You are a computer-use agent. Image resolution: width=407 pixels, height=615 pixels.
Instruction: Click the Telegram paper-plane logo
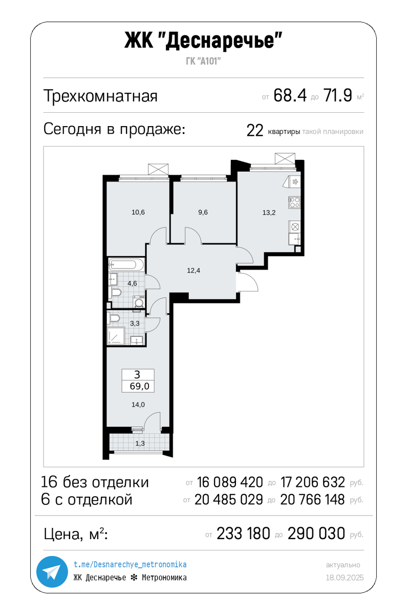click(x=52, y=571)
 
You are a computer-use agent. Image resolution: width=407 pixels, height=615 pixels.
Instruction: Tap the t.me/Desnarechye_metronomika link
click(x=130, y=564)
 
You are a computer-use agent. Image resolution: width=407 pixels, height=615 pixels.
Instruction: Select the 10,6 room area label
click(x=138, y=212)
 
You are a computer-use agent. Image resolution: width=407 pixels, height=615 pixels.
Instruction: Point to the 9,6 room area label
click(x=203, y=212)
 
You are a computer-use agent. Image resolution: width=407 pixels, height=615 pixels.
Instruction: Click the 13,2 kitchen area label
click(x=269, y=213)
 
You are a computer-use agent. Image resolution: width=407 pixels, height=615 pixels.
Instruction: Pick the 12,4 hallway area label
click(x=194, y=271)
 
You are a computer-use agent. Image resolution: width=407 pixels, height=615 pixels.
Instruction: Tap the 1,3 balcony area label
click(x=140, y=443)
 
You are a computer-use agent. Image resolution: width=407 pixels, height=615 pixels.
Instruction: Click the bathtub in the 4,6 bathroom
click(x=126, y=265)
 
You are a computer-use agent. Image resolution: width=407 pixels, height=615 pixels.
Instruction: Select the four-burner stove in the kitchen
click(x=294, y=202)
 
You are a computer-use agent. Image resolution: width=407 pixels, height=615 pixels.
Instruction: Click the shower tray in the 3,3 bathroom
click(x=116, y=336)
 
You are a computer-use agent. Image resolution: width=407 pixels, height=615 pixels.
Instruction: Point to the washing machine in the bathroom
click(x=139, y=302)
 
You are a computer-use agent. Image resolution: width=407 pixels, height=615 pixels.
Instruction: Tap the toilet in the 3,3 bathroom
click(x=114, y=318)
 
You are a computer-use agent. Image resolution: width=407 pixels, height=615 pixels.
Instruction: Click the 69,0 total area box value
click(x=139, y=386)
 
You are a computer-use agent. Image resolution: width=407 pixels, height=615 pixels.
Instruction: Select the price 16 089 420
click(x=230, y=482)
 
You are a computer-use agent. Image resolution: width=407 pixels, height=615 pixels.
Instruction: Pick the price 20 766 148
click(x=312, y=499)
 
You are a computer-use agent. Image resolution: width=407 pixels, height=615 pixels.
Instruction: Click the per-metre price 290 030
click(x=316, y=534)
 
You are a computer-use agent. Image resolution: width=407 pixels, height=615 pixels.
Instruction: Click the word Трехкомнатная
click(x=101, y=96)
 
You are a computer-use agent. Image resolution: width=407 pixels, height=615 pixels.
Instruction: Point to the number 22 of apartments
click(x=255, y=131)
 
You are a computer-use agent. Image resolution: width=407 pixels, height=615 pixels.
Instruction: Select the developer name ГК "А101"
click(x=203, y=61)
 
